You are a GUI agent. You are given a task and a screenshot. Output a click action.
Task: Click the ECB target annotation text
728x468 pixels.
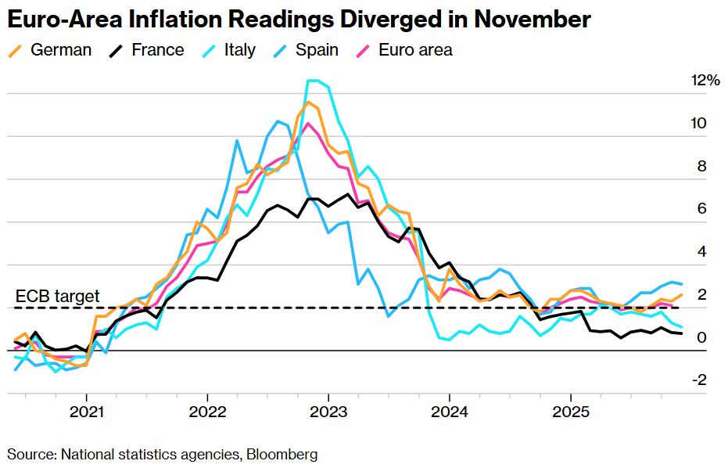58,297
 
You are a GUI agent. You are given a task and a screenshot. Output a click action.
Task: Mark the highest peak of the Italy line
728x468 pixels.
313,81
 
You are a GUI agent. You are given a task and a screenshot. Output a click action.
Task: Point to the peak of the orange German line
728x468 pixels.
307,103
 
